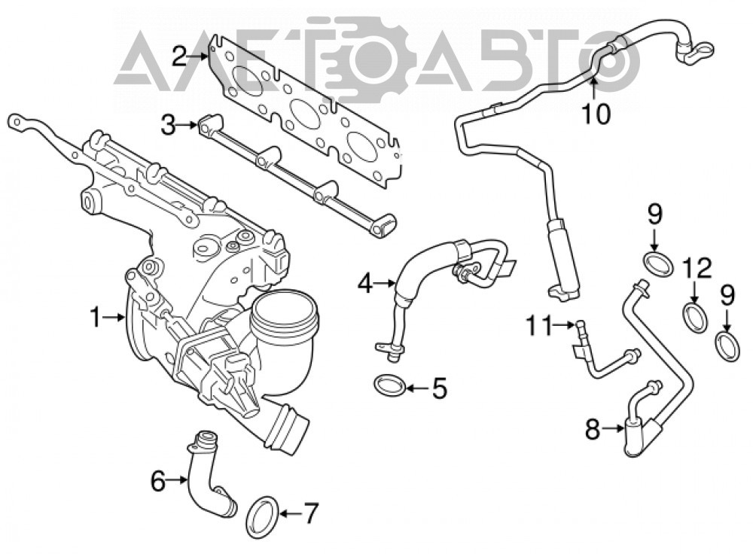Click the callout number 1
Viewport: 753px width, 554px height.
click(x=96, y=318)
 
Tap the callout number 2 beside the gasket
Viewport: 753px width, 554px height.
click(x=178, y=56)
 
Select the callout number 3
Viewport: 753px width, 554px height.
click(x=168, y=126)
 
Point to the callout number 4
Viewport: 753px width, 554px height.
click(x=365, y=284)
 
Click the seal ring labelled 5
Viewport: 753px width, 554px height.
click(x=389, y=385)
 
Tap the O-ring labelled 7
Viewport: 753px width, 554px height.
click(x=262, y=518)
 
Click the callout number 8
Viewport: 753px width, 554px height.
click(x=593, y=429)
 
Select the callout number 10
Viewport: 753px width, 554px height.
click(x=596, y=114)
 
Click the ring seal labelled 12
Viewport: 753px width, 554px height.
click(x=695, y=318)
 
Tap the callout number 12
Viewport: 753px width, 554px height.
click(x=697, y=269)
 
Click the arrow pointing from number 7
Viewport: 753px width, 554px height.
click(x=289, y=514)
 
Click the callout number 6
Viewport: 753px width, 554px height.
click(x=158, y=481)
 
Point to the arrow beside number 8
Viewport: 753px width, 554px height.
click(x=613, y=428)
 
